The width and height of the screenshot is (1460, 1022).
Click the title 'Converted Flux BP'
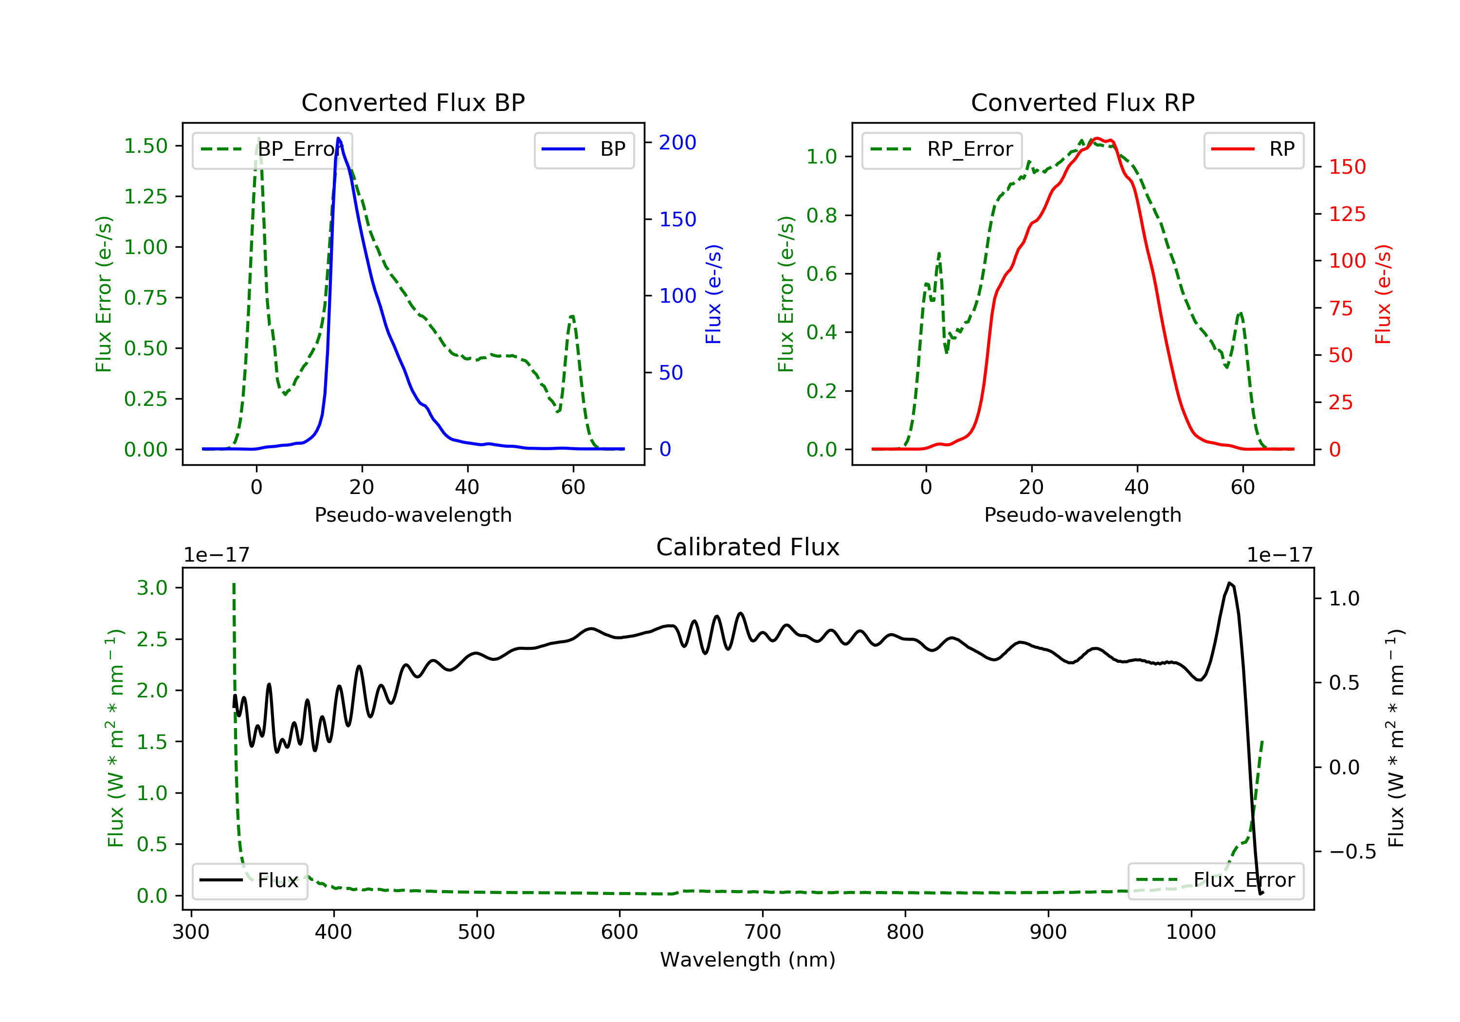click(413, 102)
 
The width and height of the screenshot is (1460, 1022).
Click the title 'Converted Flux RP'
click(1083, 102)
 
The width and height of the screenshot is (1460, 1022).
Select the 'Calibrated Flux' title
click(748, 547)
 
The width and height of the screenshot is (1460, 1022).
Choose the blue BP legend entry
click(584, 150)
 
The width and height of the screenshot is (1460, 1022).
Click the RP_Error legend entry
click(942, 150)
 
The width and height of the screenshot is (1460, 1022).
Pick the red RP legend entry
click(1253, 150)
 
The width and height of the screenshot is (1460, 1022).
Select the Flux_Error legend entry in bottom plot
click(1215, 881)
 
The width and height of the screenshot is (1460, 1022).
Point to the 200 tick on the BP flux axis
click(677, 143)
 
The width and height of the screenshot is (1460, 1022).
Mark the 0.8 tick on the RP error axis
click(821, 216)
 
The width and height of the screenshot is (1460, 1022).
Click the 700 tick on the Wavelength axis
click(763, 932)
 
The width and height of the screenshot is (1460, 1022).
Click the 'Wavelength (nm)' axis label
click(748, 960)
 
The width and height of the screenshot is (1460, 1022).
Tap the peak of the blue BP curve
click(338, 138)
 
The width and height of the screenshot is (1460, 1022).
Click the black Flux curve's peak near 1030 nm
click(1229, 583)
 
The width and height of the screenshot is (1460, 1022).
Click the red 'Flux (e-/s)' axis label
click(1383, 294)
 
